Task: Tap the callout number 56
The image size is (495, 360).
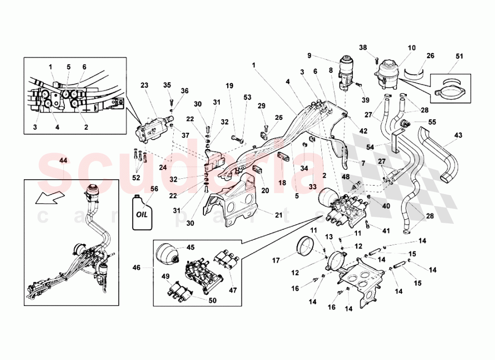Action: (154, 189)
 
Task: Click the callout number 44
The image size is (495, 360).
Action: (63, 160)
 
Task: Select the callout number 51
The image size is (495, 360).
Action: (459, 56)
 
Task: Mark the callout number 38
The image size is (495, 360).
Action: (363, 48)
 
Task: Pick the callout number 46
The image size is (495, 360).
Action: (137, 267)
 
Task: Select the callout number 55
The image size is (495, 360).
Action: (432, 121)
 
